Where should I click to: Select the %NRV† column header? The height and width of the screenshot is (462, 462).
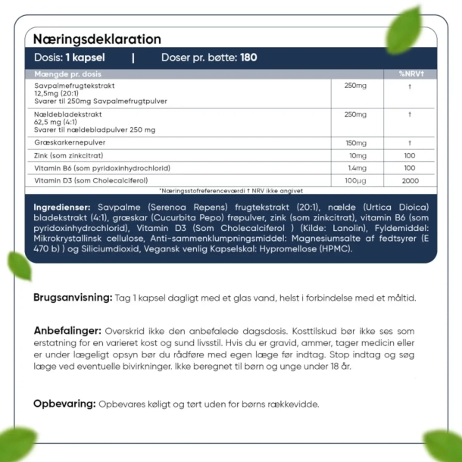click(x=410, y=73)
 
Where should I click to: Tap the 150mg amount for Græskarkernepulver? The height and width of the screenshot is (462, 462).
click(x=355, y=143)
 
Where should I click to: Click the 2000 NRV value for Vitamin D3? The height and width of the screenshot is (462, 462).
click(x=410, y=180)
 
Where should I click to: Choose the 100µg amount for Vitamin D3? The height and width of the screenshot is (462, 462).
click(x=355, y=180)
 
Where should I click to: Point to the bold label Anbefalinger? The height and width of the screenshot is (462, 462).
click(x=67, y=331)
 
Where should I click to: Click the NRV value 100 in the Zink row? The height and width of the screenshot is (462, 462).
click(x=410, y=155)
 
